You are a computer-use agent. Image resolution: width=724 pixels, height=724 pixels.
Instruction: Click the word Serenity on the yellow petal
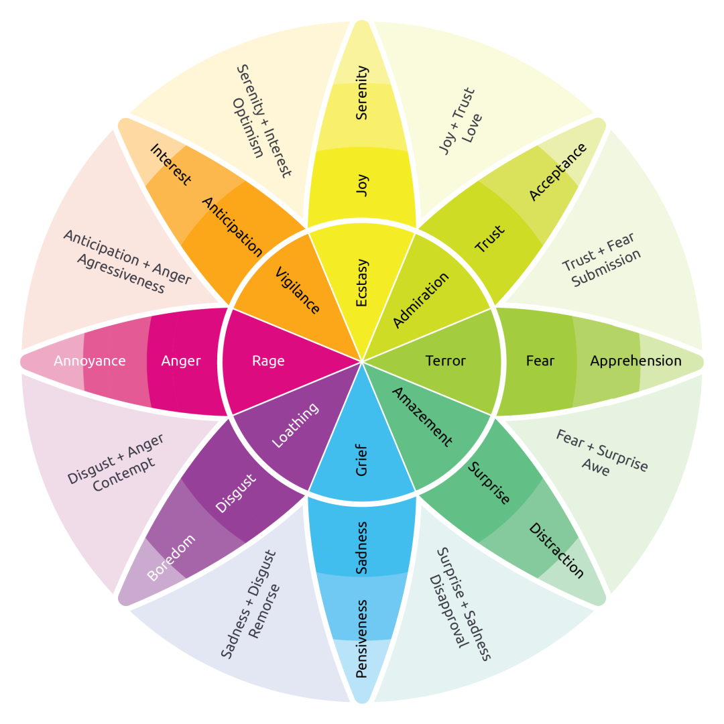coord(362,93)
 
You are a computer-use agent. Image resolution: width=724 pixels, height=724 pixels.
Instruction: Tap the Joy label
coord(362,186)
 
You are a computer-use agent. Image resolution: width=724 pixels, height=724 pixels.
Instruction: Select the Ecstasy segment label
coord(362,283)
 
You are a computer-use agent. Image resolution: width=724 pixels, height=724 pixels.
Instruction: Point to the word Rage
coord(268,361)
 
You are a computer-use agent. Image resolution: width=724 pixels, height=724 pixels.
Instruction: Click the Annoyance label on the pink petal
coord(90,361)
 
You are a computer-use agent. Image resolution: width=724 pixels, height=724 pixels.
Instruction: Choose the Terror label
coord(445,361)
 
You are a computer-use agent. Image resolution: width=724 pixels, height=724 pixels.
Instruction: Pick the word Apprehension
coord(636,361)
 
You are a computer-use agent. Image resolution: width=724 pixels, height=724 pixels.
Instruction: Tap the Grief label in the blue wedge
coord(362,460)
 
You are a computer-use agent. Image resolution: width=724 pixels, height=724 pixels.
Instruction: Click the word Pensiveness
coord(362,638)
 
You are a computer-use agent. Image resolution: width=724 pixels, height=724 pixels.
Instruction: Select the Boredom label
coord(171,558)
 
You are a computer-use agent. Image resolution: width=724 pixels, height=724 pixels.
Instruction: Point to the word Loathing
coord(295,427)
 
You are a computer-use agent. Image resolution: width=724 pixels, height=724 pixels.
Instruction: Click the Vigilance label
coord(298,290)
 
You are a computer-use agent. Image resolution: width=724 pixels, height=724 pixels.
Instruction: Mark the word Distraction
coord(556,550)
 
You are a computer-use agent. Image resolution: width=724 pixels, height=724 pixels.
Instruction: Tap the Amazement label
coord(422,417)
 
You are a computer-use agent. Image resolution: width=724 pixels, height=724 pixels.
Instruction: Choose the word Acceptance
coord(558,172)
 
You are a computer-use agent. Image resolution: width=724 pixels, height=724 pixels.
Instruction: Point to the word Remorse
coord(264,611)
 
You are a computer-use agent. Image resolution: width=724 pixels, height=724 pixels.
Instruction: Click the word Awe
coord(595,469)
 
